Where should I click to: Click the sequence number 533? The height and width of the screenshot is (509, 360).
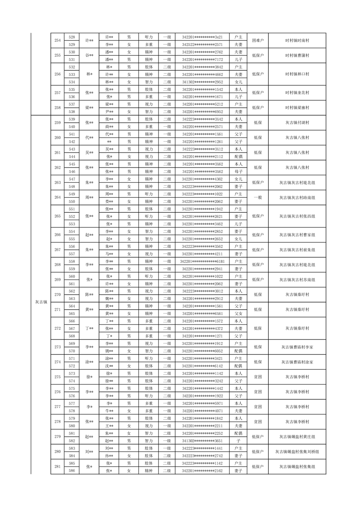tap(72, 74)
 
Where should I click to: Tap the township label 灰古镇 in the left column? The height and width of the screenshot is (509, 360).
tap(41, 302)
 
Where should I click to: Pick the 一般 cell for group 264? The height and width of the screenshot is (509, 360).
tap(257, 198)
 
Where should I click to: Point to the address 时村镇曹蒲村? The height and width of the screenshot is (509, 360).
tap(297, 56)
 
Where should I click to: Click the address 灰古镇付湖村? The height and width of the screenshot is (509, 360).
tap(297, 123)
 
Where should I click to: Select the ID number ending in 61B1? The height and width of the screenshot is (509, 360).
tap(202, 261)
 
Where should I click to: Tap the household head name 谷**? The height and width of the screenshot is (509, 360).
tap(89, 56)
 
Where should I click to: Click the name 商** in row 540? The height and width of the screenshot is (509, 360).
tap(109, 127)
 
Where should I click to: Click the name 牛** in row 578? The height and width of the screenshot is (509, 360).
tap(109, 411)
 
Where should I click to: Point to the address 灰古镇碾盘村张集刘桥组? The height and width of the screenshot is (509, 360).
tap(297, 452)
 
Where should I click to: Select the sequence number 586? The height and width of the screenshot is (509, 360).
tap(72, 471)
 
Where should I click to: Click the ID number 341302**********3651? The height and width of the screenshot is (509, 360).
tap(202, 440)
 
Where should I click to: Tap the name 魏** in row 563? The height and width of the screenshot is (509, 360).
tap(109, 299)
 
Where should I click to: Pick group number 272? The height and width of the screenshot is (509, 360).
tap(57, 328)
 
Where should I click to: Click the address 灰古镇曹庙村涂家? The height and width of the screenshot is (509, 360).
tap(297, 362)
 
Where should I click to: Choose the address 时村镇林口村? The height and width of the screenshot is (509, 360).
tap(297, 74)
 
